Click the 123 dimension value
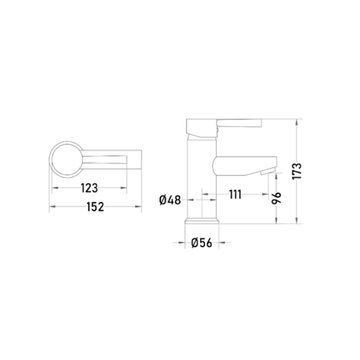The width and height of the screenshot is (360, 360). pos(89,188)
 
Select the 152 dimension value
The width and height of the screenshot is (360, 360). pos(95,207)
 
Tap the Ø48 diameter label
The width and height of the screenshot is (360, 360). pos(170,200)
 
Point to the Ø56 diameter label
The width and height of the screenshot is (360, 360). pos(201,242)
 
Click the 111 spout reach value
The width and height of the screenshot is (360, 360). pos(235,195)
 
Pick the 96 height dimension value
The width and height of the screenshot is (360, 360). pos(276,198)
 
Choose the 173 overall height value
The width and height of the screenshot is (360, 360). pos(297,172)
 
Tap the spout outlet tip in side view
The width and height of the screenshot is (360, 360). pos(267,172)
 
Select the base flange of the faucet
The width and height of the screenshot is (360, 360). pos(202,221)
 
